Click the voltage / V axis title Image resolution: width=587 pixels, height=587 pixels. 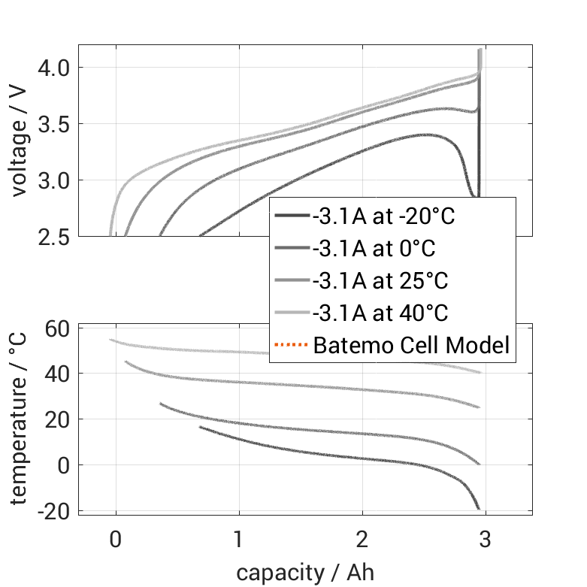point(20,141)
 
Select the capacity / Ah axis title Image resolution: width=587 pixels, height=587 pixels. point(305,573)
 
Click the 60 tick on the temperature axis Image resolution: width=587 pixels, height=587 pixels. point(56,328)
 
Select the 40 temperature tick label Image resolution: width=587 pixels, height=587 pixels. point(56,374)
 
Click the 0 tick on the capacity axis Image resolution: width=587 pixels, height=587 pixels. point(116,540)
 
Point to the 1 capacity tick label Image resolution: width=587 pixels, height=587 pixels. point(239,540)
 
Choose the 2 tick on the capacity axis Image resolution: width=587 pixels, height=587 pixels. point(363,540)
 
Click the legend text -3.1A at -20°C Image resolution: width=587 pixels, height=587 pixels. point(384,216)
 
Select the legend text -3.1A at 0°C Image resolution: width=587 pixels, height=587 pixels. point(374,249)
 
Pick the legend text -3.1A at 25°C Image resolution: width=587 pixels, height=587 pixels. point(380,281)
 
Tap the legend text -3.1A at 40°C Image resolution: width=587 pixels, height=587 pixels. point(380,313)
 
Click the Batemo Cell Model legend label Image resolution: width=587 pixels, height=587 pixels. point(411,346)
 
